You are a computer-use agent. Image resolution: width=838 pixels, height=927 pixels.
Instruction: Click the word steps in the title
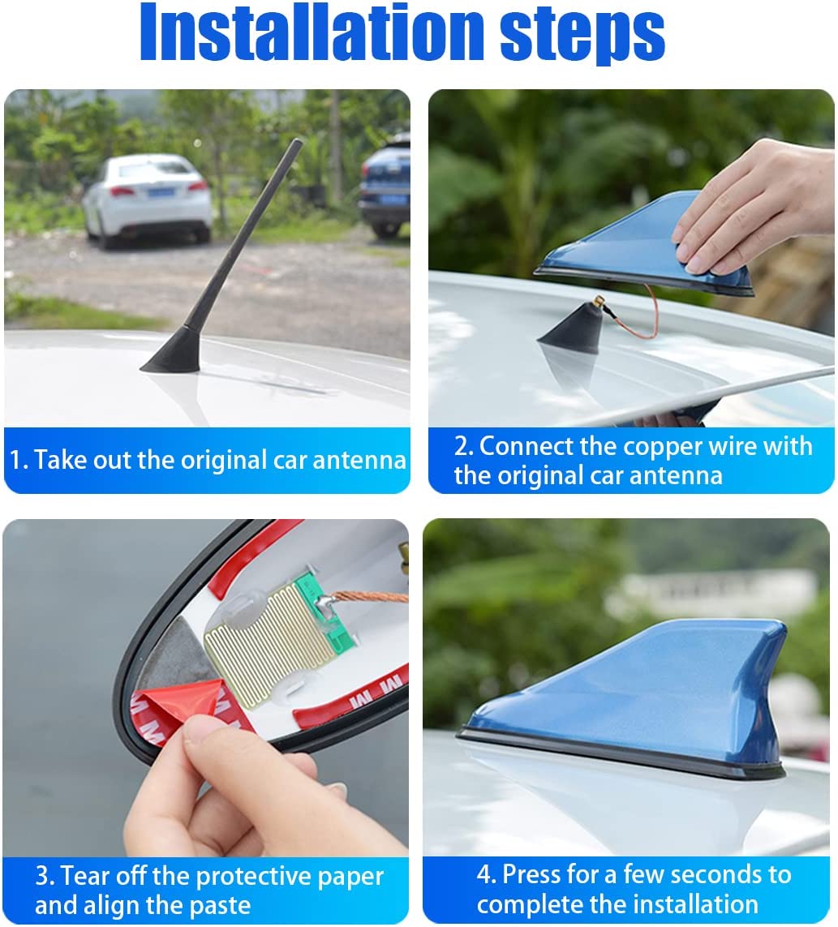point(582,36)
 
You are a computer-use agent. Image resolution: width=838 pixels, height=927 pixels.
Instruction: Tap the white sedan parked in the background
point(147,200)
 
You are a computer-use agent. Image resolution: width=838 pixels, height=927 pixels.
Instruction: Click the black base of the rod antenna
point(171,352)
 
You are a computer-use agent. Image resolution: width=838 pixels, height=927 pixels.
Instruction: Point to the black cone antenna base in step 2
point(571,330)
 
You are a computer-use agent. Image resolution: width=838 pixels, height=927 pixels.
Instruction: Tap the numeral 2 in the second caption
point(462,446)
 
